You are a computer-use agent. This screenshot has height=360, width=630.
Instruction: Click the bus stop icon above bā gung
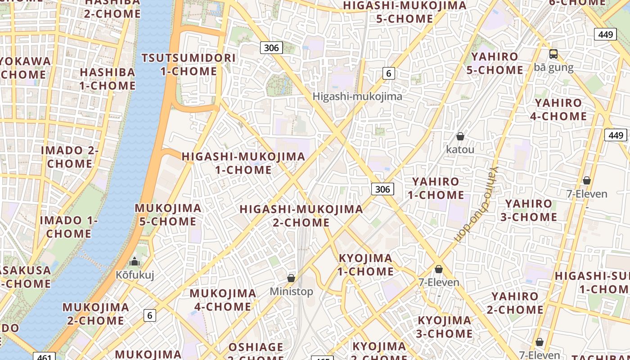tap(553, 54)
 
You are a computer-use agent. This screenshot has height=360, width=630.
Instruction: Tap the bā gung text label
tap(553, 67)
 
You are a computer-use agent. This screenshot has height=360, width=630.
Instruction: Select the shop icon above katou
tap(460, 136)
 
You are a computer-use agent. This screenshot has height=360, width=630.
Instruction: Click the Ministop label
tap(291, 292)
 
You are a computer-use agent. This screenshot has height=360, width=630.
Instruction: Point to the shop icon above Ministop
tap(291, 278)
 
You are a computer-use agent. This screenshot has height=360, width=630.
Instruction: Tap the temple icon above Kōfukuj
tap(135, 261)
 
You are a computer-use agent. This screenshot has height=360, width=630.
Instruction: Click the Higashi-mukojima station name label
tap(357, 96)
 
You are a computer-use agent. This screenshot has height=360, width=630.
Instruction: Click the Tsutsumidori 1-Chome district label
tap(189, 64)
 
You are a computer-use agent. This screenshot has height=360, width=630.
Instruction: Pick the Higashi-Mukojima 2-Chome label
tap(301, 216)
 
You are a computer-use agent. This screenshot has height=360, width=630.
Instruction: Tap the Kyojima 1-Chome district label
tap(365, 265)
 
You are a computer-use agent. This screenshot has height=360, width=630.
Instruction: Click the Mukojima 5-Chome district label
tap(168, 215)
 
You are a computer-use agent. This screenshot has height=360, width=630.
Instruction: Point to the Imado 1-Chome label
tap(69, 227)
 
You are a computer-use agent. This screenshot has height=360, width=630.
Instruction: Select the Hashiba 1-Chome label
tap(108, 79)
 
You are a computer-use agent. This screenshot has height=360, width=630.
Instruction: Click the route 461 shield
tap(44, 357)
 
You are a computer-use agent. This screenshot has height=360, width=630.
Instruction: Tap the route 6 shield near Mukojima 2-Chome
tap(150, 315)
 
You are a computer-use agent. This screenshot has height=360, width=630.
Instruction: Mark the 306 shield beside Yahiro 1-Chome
tap(382, 189)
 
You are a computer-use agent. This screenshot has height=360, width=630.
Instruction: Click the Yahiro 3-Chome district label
tap(529, 210)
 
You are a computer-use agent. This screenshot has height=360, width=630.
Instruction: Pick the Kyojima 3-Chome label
tap(445, 327)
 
